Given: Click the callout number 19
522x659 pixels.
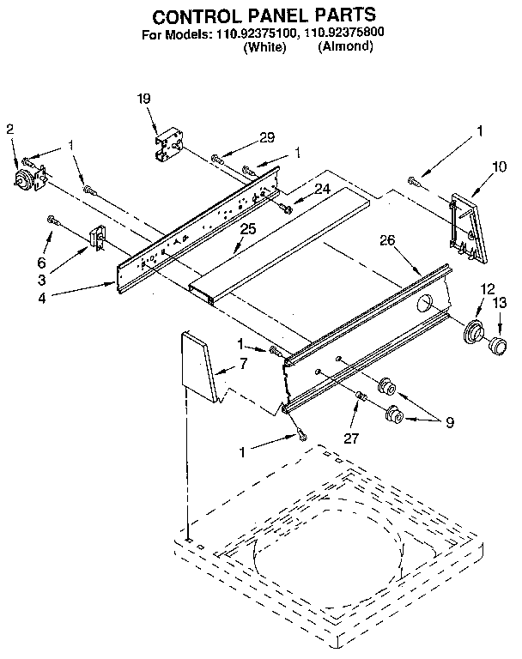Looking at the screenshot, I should click(143, 100).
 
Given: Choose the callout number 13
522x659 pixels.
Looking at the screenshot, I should click(500, 302).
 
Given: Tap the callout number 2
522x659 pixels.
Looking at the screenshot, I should click(9, 130).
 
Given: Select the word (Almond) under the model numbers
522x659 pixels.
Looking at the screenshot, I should click(344, 48).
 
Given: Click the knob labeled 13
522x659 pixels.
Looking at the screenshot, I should click(495, 345).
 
